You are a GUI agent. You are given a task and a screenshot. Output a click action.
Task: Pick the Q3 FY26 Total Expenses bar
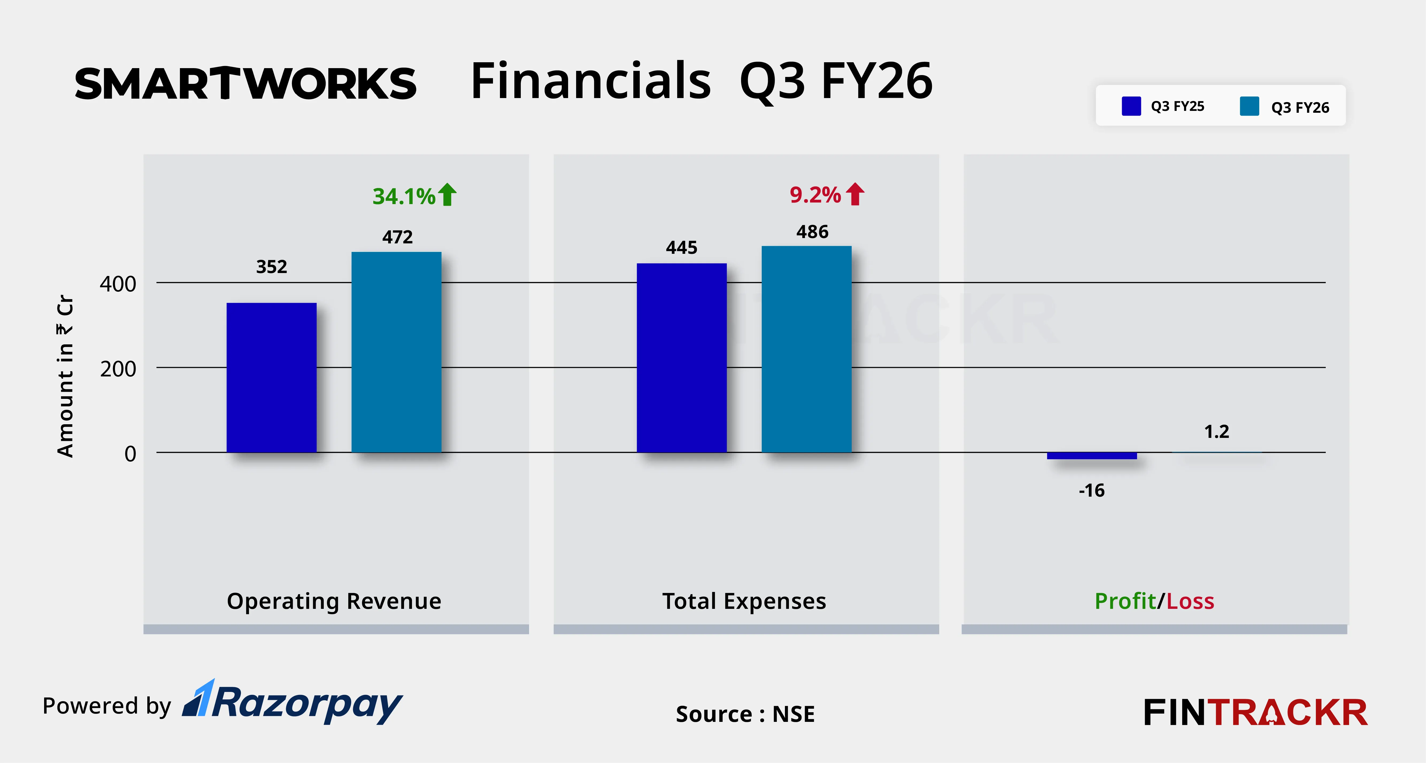pyautogui.click(x=807, y=349)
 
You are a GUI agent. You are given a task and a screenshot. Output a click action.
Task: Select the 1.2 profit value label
pyautogui.click(x=1216, y=431)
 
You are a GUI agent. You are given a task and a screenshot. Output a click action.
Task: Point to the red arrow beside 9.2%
pyautogui.click(x=855, y=194)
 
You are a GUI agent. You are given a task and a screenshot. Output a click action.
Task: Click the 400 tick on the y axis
pyautogui.click(x=118, y=285)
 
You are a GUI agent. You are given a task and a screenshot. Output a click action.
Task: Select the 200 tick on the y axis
pyautogui.click(x=118, y=369)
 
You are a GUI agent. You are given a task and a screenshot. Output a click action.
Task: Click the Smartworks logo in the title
pyautogui.click(x=245, y=84)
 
